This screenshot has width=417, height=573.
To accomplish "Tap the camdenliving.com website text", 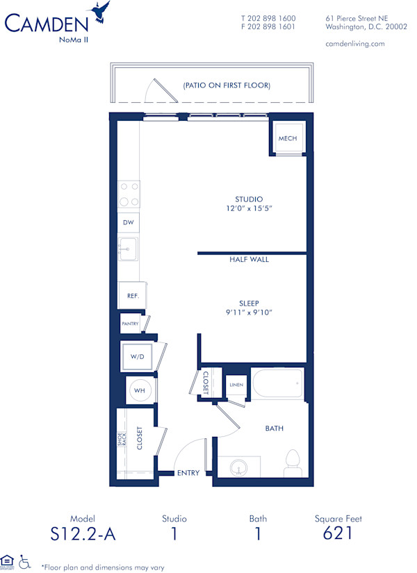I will tap(354, 44).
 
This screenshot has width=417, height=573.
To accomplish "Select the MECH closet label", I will tap(287, 138).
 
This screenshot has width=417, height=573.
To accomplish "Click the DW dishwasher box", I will tap(129, 223).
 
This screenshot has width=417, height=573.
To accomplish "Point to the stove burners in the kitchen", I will tap(129, 194).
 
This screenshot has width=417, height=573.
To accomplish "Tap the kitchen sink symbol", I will tap(129, 248).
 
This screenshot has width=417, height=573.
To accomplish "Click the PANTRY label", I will tap(130, 324).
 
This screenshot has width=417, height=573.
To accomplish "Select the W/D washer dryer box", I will tap(137, 356).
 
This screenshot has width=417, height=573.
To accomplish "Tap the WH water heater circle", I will tap(139, 390).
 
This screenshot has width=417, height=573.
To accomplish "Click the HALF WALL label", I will tap(249, 260).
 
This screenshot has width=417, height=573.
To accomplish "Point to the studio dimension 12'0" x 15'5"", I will tap(249, 208).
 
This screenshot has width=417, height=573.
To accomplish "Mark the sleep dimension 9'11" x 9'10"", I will tap(249, 313).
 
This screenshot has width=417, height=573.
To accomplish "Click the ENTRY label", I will tap(188, 473).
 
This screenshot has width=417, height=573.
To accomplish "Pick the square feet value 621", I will tap(338, 533).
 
